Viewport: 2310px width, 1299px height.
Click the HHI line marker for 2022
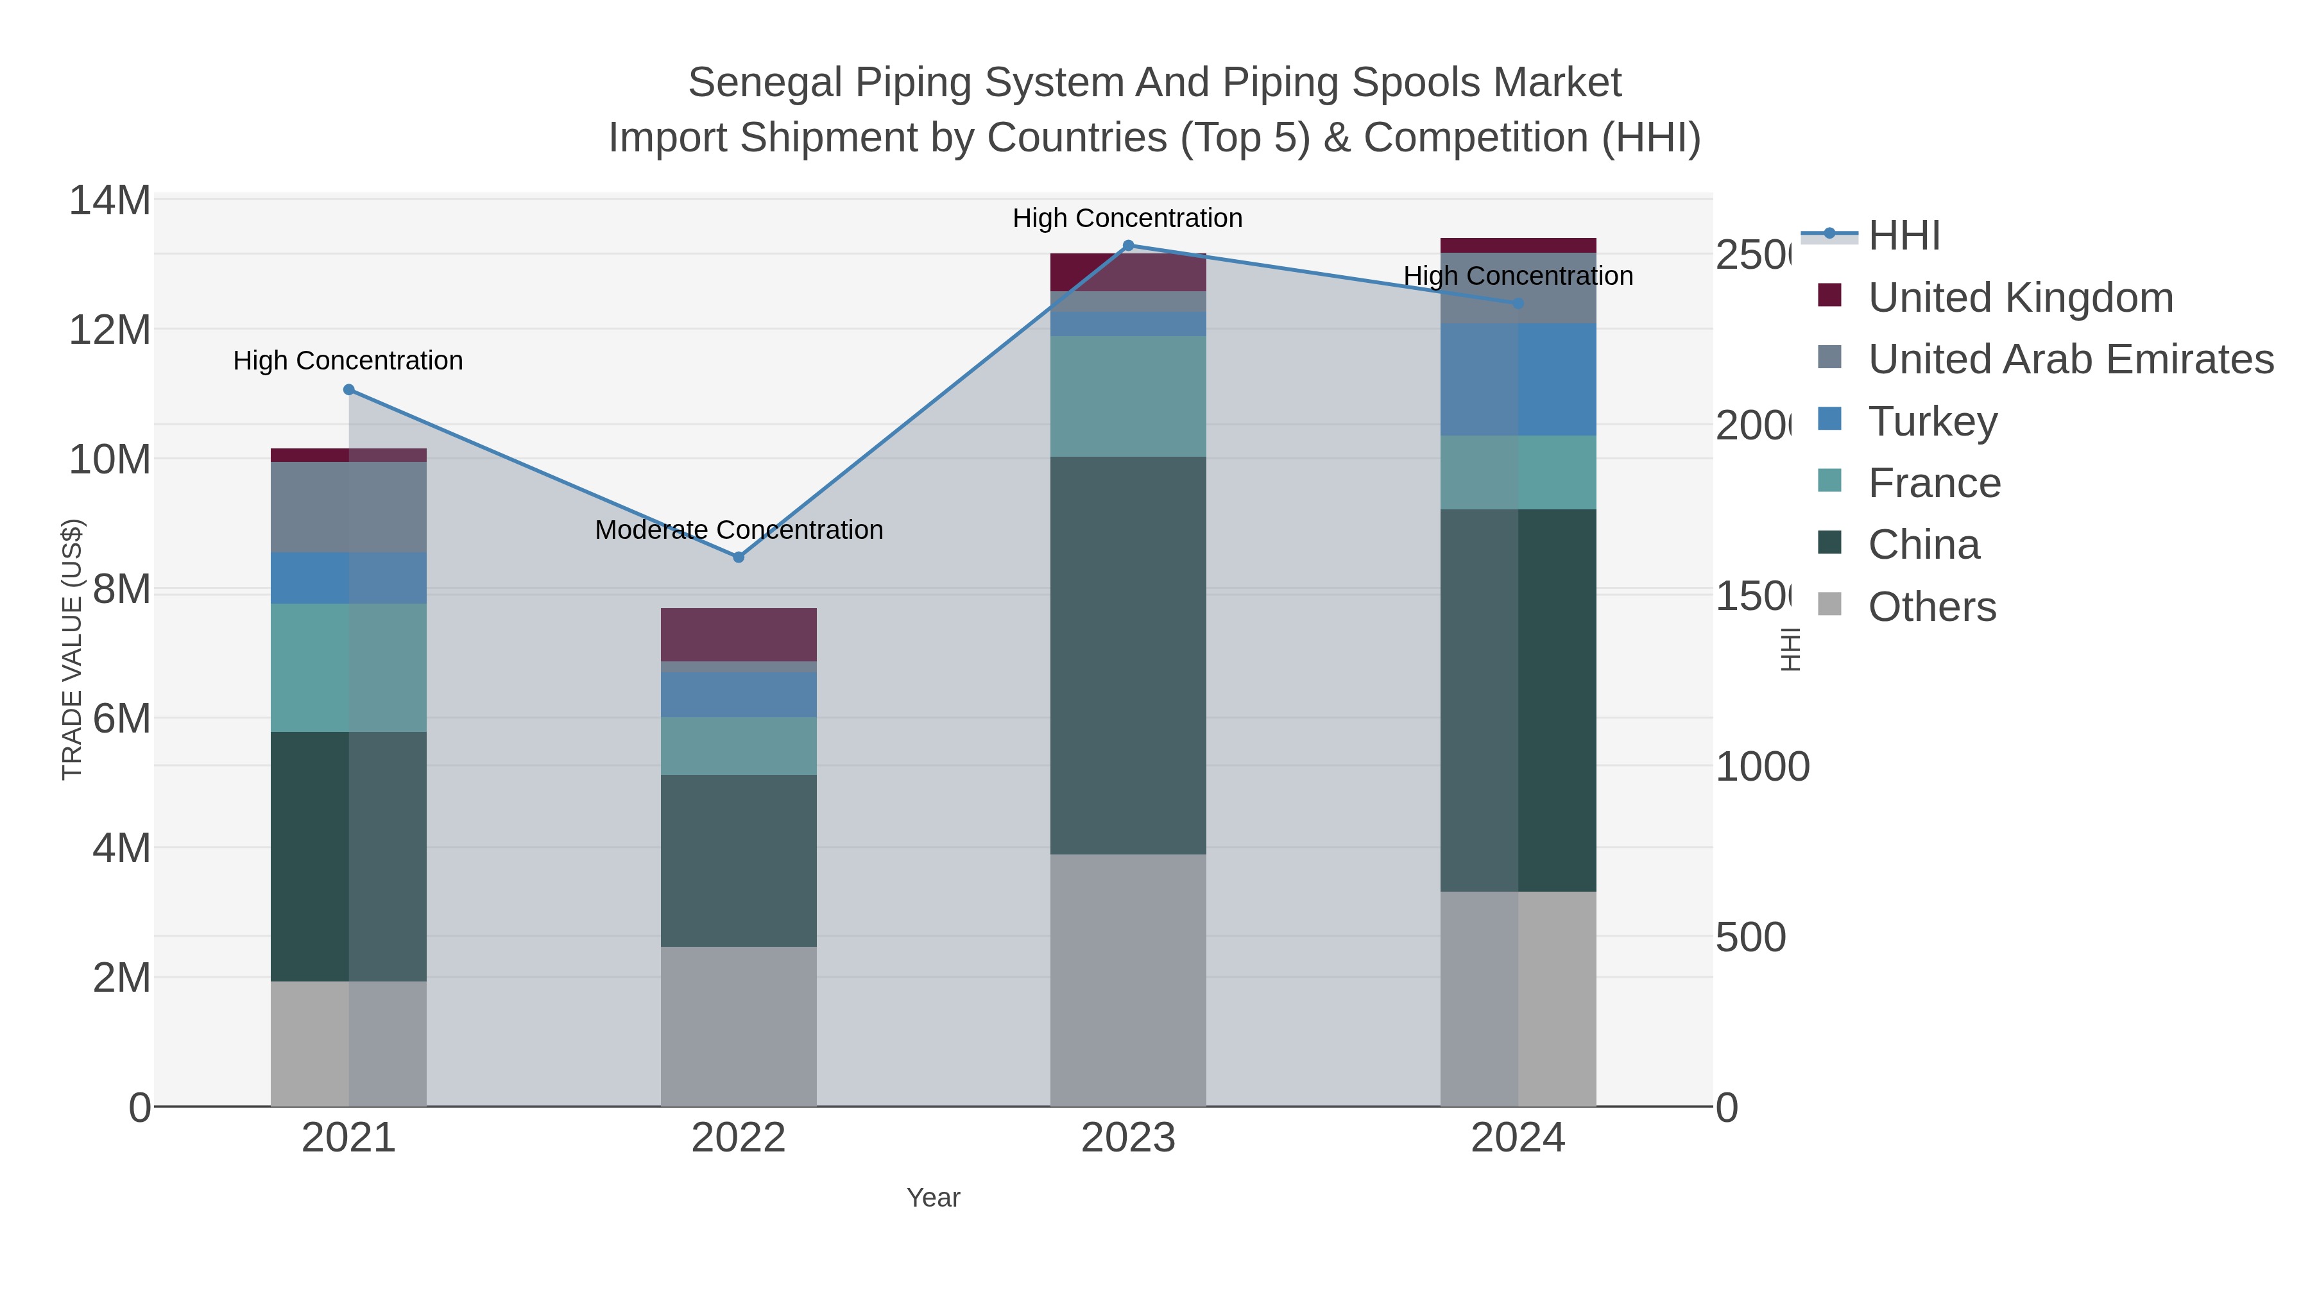tap(738, 557)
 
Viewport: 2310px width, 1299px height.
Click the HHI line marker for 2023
tap(1128, 246)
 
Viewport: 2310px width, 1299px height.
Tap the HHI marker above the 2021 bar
tap(349, 390)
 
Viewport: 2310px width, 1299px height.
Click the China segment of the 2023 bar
tap(1128, 656)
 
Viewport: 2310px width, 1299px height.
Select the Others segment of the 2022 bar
tap(738, 1026)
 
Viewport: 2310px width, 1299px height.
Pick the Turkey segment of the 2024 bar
tap(1518, 380)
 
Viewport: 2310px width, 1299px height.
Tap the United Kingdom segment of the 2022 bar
tap(738, 634)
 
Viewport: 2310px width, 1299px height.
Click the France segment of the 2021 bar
tap(349, 668)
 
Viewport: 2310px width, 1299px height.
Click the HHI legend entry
tap(1904, 236)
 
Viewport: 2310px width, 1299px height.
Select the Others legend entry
tap(1931, 607)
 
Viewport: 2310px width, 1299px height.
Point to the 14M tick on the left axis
tap(109, 201)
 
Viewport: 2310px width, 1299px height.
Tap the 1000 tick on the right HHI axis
tap(1762, 767)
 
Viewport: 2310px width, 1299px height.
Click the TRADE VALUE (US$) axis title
tap(72, 650)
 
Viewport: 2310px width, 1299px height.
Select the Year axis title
tap(932, 1198)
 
